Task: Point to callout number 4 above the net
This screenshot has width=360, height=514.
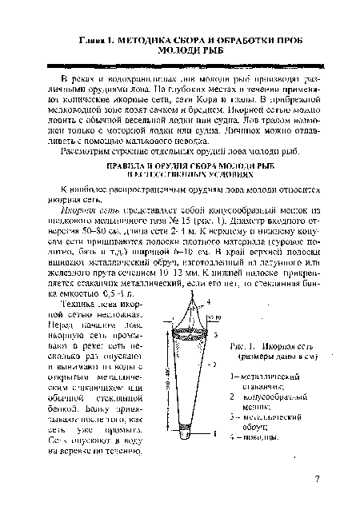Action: click(210, 301)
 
